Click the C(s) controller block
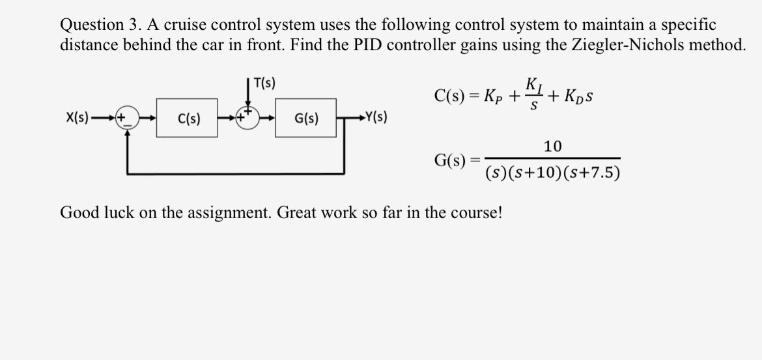[189, 118]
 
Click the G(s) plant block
[305, 118]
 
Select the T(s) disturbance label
[264, 83]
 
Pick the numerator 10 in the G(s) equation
[552, 146]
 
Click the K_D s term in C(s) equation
[574, 96]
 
